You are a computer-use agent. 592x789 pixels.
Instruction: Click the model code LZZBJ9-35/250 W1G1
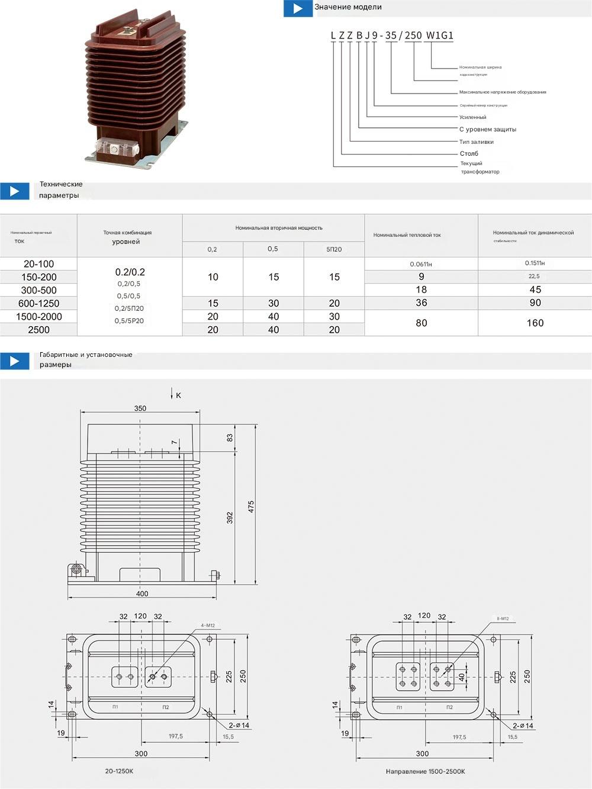click(x=392, y=36)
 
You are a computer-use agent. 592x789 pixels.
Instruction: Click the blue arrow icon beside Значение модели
click(x=298, y=8)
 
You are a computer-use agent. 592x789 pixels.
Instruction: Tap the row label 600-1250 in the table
click(x=38, y=303)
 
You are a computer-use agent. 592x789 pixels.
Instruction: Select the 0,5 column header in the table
click(x=272, y=249)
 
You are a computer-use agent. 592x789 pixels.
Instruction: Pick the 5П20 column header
click(x=334, y=249)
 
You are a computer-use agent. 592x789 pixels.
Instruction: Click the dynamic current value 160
click(x=535, y=323)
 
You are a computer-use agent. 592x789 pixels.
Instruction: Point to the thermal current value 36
click(x=421, y=303)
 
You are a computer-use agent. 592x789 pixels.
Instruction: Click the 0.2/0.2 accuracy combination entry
click(x=130, y=272)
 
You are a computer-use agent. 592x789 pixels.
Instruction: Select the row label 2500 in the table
click(x=38, y=330)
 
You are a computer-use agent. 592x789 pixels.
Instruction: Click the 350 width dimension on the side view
click(x=140, y=408)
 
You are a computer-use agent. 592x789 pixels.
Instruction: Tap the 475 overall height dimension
click(x=251, y=507)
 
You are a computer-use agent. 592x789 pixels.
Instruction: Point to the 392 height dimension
click(x=230, y=517)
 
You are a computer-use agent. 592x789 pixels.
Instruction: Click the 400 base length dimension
click(x=142, y=594)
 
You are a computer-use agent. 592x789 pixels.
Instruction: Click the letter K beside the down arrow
click(x=178, y=395)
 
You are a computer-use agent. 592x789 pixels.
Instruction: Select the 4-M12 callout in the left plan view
click(x=208, y=625)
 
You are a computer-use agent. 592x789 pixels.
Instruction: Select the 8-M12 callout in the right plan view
click(x=502, y=619)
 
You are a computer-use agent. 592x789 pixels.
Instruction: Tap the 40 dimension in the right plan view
click(x=462, y=677)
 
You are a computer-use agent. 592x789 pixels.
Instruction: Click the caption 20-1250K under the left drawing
click(x=119, y=771)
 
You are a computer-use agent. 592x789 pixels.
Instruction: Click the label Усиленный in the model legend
click(x=472, y=117)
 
